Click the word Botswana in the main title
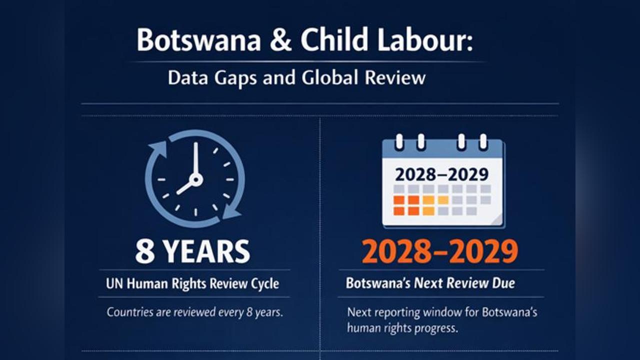[x=198, y=41]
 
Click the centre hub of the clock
[x=195, y=179]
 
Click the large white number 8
[x=145, y=251]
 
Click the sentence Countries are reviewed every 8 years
[x=195, y=313]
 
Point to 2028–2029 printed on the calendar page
[x=441, y=174]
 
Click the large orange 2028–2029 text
[x=439, y=251]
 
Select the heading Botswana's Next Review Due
[x=430, y=283]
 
